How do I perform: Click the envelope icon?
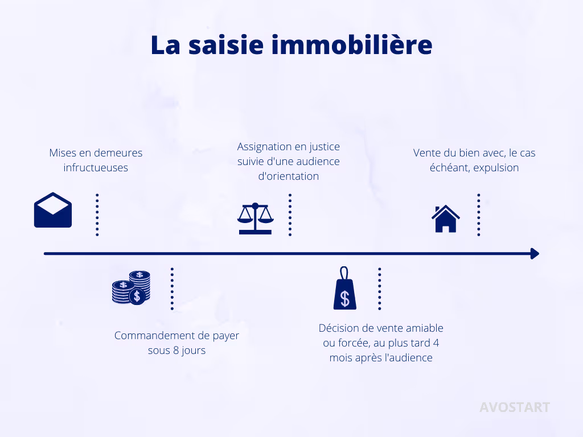53,210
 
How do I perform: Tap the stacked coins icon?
131,287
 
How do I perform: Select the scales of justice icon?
255,218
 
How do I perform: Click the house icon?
446,219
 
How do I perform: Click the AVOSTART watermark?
514,407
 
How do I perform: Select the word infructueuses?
96,168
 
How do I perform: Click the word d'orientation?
289,176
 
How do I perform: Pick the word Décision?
340,328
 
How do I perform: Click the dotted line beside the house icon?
479,215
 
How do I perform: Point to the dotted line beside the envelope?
97,215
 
